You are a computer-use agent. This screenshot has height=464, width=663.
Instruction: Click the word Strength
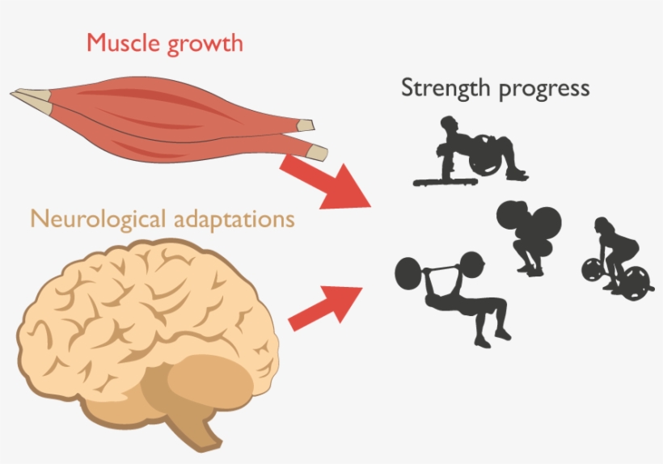tap(445, 87)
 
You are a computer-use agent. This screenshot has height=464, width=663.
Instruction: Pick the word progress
tap(544, 89)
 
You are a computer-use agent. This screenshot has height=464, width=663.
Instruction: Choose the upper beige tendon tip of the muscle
tap(306, 125)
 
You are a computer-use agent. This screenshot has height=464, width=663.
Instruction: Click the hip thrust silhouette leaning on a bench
tap(477, 150)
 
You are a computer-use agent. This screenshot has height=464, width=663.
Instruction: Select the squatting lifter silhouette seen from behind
tap(530, 234)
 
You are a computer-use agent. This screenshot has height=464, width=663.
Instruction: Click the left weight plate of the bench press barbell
tap(408, 272)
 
